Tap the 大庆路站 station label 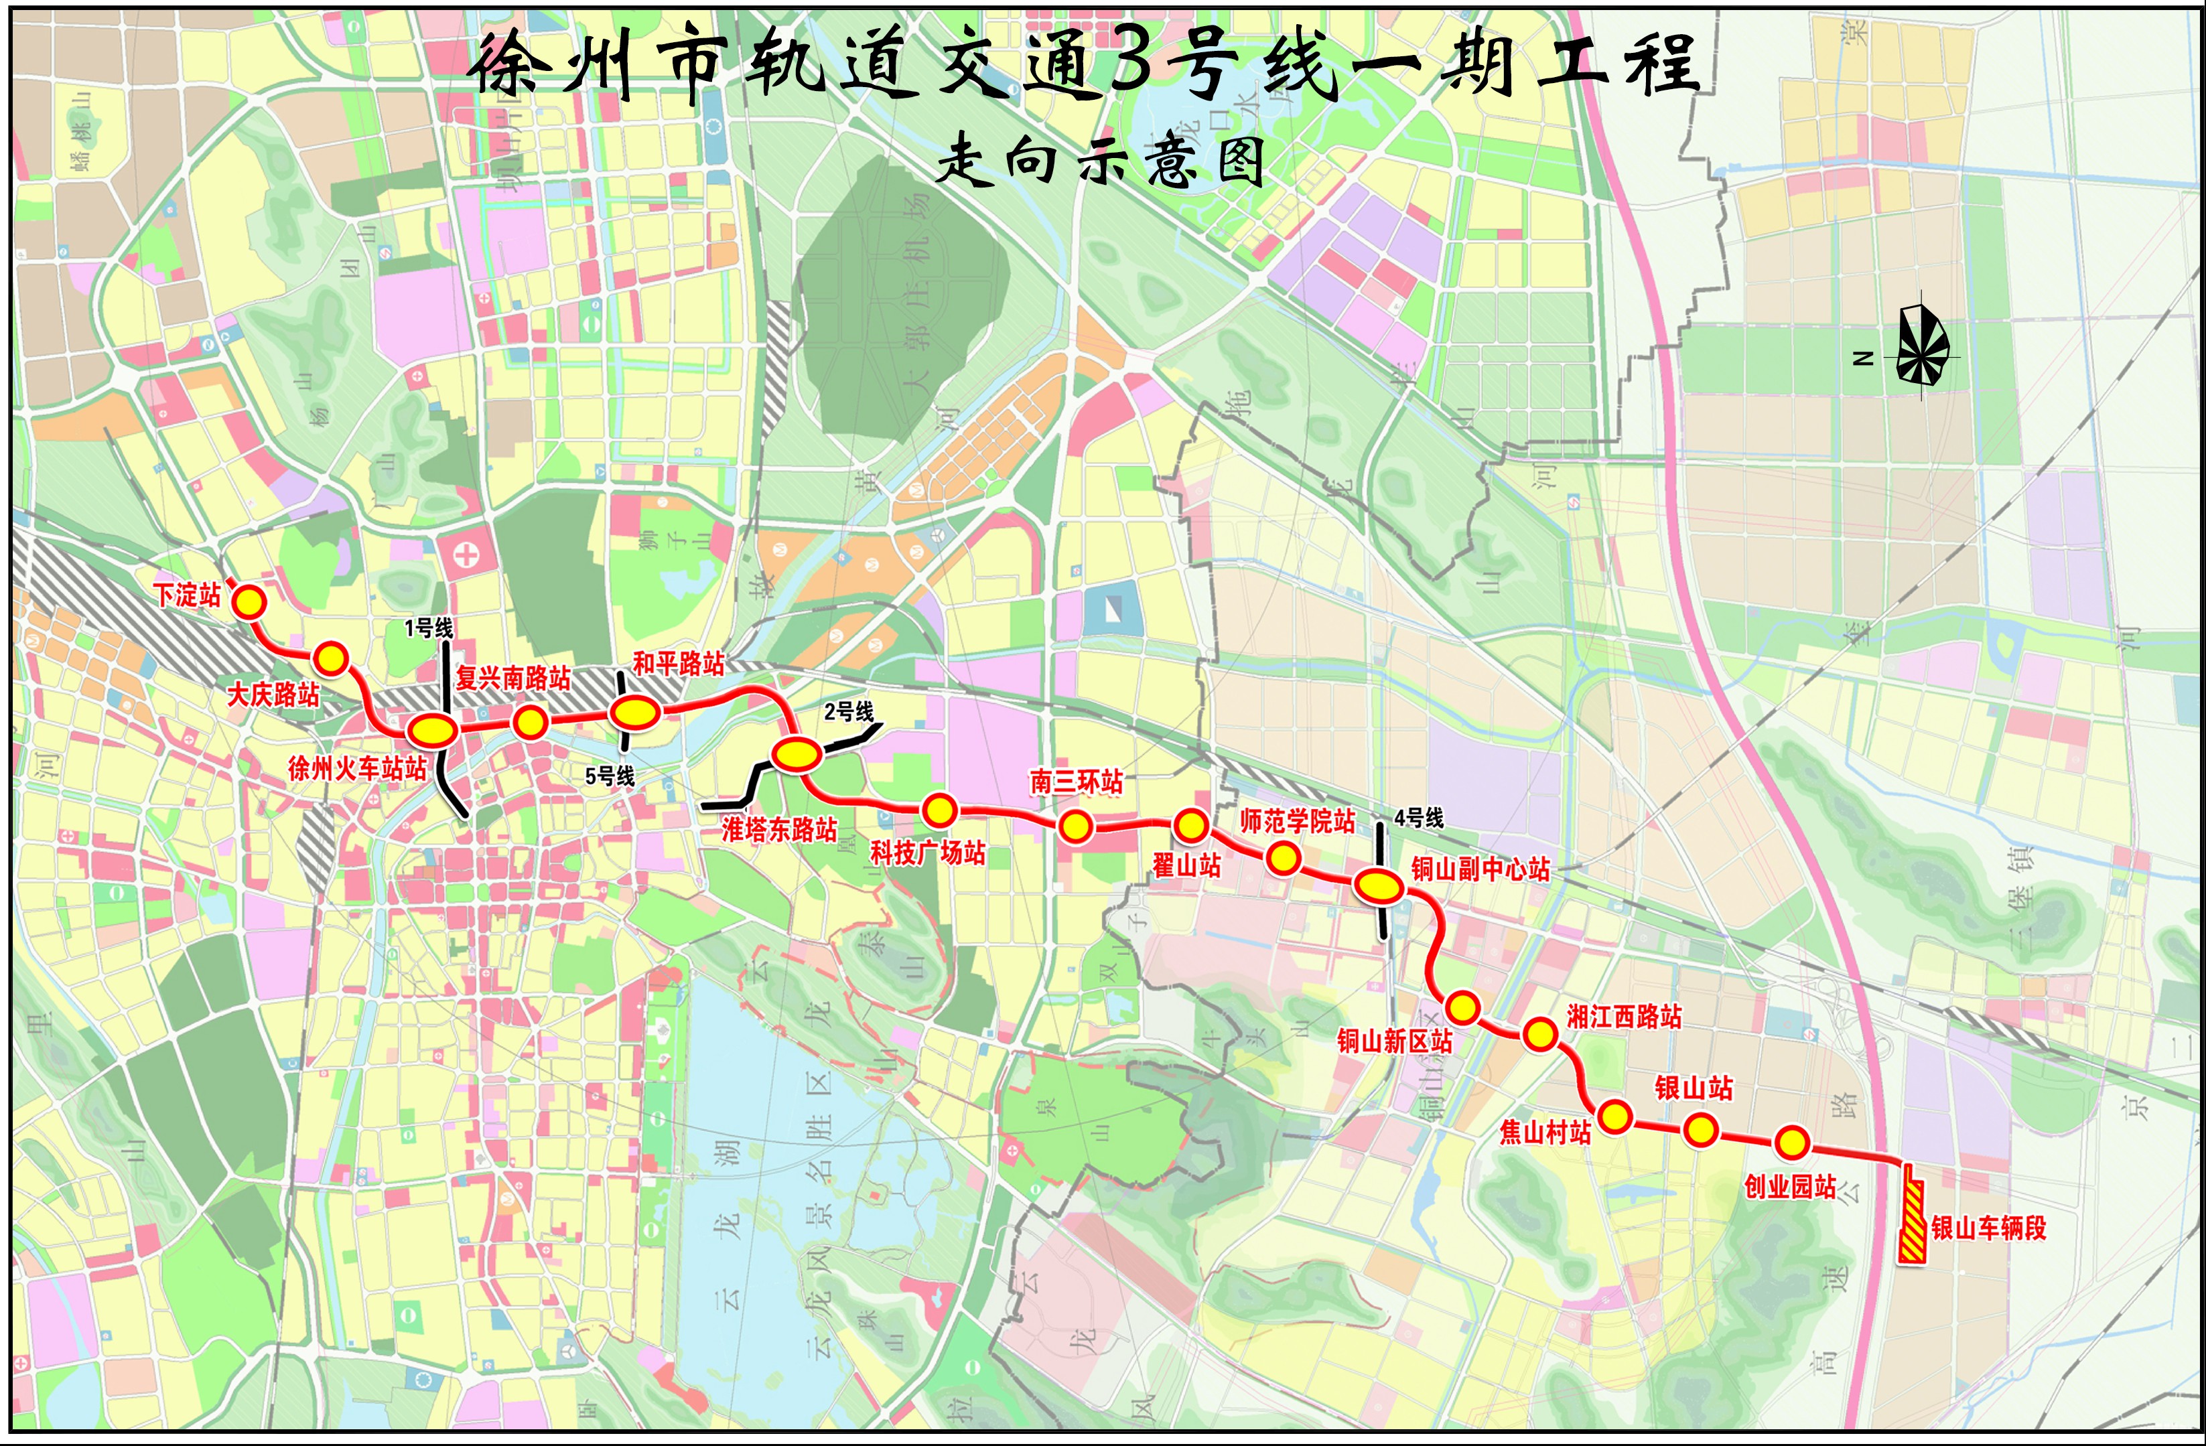click(273, 695)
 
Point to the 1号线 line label click(428, 628)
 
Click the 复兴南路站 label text click(512, 678)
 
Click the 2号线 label click(849, 712)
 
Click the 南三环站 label click(1076, 782)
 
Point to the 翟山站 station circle click(1190, 824)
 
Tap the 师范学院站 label click(1298, 821)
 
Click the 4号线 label click(1419, 818)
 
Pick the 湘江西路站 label click(1624, 1017)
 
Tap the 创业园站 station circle click(1792, 1143)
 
